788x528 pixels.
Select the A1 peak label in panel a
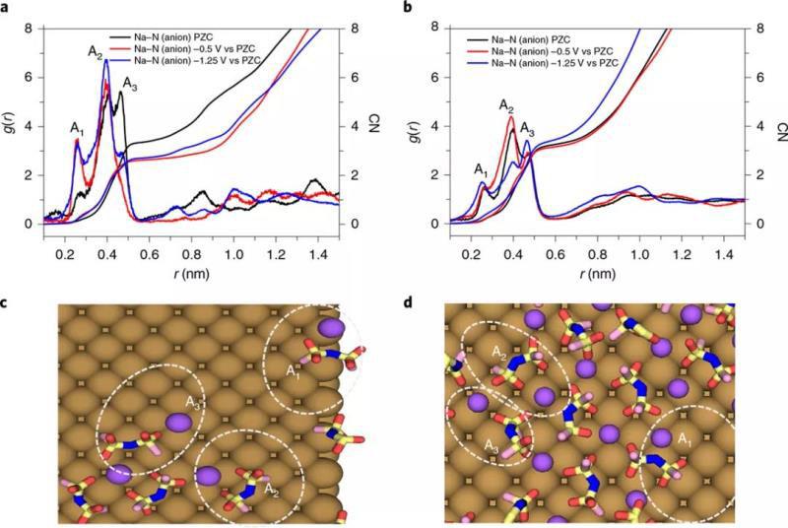[76, 128]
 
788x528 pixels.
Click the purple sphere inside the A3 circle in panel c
[177, 422]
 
